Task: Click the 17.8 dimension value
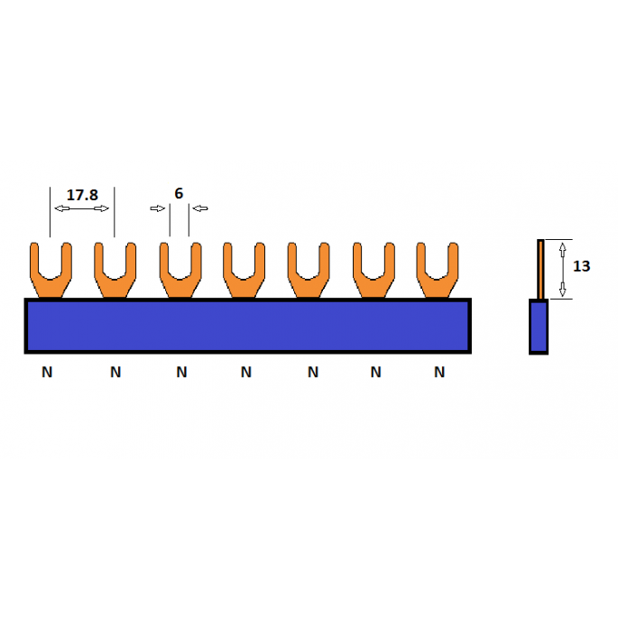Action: coord(82,195)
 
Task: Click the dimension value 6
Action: coord(179,193)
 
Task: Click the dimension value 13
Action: coord(581,266)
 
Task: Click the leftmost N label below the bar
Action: coord(47,372)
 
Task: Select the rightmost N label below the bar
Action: coord(439,372)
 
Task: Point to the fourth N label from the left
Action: coord(246,372)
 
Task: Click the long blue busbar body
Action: coord(248,326)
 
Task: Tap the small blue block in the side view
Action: coord(539,327)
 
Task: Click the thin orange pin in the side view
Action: coord(540,269)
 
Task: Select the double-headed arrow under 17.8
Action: coord(81,208)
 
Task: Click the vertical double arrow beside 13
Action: coord(563,270)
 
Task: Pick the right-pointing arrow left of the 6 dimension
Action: coord(158,208)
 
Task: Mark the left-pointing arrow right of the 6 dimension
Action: coord(200,208)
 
